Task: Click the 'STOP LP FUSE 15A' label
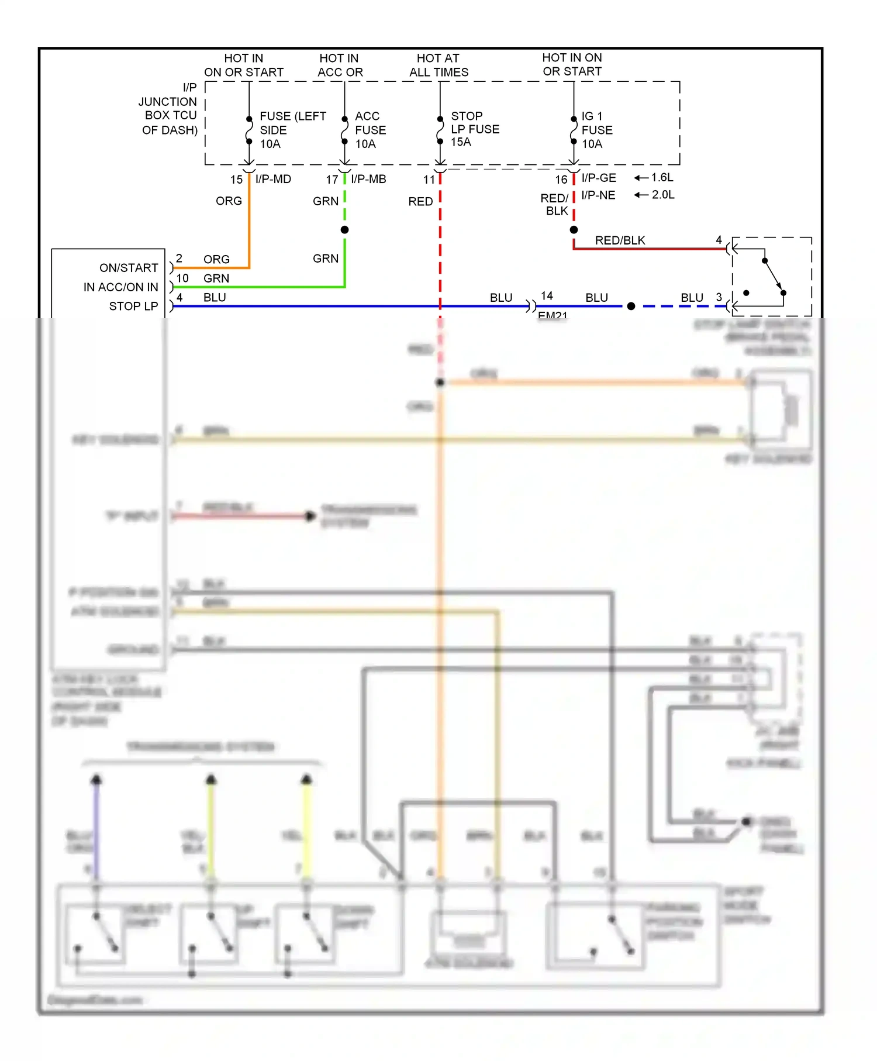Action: pyautogui.click(x=474, y=129)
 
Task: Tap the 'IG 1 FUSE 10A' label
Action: pyautogui.click(x=596, y=130)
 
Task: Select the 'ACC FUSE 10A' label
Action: pyautogui.click(x=370, y=130)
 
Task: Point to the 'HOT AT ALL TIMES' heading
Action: pyautogui.click(x=438, y=65)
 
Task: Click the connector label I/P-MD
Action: pyautogui.click(x=273, y=179)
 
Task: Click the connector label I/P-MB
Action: pyautogui.click(x=368, y=179)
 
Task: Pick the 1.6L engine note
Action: pyautogui.click(x=662, y=177)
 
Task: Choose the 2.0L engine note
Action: pyautogui.click(x=663, y=195)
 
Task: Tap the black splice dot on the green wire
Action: pyautogui.click(x=345, y=230)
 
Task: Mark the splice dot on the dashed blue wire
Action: pyautogui.click(x=631, y=306)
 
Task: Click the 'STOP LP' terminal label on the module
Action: pyautogui.click(x=133, y=306)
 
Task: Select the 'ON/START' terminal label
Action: pyautogui.click(x=129, y=268)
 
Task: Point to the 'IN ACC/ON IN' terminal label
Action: pyautogui.click(x=120, y=287)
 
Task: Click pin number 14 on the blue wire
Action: pyautogui.click(x=547, y=296)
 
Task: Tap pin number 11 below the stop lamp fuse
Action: pyautogui.click(x=429, y=180)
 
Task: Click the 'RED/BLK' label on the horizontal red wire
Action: pyautogui.click(x=620, y=240)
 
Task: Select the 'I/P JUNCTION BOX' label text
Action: pyautogui.click(x=170, y=108)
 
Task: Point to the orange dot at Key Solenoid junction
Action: pyautogui.click(x=440, y=383)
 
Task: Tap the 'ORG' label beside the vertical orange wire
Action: pyautogui.click(x=229, y=201)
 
